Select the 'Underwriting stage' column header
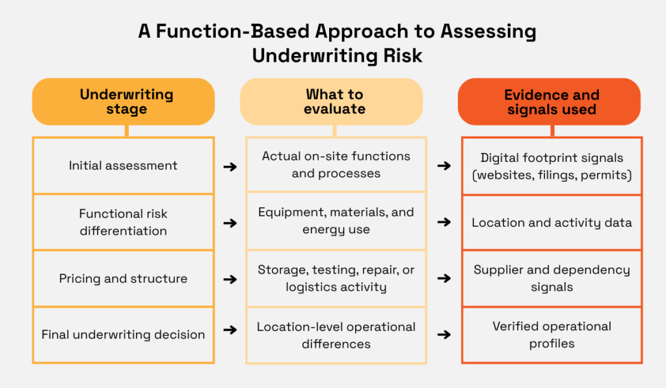(123, 101)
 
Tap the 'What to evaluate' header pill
(334, 101)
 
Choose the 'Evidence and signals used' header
(551, 102)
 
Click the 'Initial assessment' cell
(123, 166)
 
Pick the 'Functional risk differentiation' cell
(123, 222)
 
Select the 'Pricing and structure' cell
(123, 279)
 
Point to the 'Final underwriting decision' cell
(123, 335)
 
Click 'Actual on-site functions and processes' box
(336, 165)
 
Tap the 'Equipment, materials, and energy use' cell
(336, 221)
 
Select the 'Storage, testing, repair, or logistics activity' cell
(336, 278)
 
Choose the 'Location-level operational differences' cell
(336, 335)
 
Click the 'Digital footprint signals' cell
(552, 166)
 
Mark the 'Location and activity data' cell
(552, 222)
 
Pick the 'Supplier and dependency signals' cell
(552, 278)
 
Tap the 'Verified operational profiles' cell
(552, 335)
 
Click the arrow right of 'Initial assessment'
(230, 166)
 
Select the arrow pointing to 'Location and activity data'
(444, 222)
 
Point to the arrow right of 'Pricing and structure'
(230, 279)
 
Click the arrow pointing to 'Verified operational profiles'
(444, 335)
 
